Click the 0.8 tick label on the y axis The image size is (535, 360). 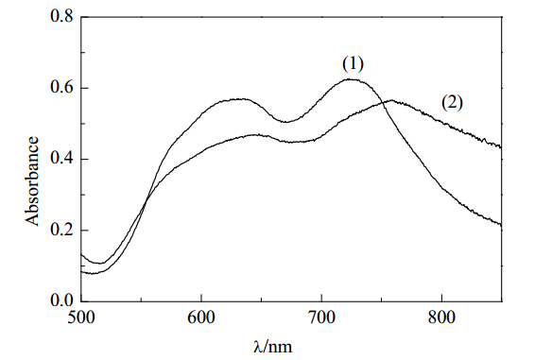61,16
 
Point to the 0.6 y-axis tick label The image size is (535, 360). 61,88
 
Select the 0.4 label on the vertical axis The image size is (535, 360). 61,159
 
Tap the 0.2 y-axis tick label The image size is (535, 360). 61,231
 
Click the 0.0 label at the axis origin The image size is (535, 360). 61,300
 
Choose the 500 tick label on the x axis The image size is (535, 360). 81,317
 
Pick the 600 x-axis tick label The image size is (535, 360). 201,317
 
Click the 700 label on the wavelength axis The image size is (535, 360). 321,317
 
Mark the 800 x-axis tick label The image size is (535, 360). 441,317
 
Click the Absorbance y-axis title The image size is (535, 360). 32,181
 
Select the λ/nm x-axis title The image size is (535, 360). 273,347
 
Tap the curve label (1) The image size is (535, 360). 353,64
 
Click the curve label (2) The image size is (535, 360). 453,103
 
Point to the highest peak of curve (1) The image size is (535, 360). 351,79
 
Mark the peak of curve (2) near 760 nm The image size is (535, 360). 391,100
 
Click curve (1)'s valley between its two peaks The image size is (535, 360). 285,122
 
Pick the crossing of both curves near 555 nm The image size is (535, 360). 146,200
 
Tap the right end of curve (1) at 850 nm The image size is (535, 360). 501,225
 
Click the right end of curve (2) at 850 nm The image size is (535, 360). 501,147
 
